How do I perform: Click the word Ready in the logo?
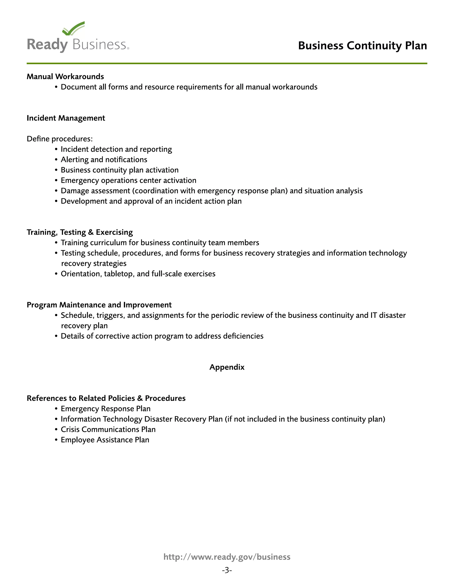[47, 45]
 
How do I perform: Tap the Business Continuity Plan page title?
[362, 46]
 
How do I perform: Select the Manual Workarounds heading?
[65, 77]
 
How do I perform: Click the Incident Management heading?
[66, 118]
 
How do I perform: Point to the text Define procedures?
[59, 139]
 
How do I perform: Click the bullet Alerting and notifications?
[104, 160]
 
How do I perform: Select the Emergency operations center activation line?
[128, 180]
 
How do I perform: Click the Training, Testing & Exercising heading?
[80, 232]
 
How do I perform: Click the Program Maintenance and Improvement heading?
[99, 305]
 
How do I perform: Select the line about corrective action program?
[162, 336]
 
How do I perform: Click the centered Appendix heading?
[227, 367]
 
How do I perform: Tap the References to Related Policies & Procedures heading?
[106, 398]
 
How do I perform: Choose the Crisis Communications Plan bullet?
[108, 430]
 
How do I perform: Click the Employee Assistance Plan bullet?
[105, 440]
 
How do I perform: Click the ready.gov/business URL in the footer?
[227, 557]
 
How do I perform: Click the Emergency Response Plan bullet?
[106, 409]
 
